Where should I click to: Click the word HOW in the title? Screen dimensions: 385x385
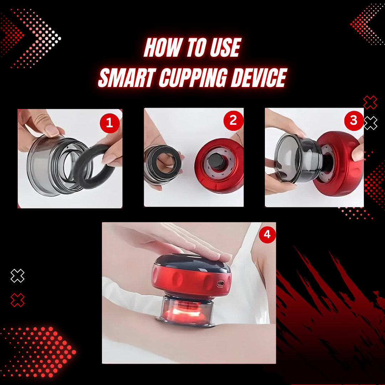162,47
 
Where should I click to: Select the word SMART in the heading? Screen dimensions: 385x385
127,78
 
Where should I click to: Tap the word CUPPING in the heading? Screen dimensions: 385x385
194,78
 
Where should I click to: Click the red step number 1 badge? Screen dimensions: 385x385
110,123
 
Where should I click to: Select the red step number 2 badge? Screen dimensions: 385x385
233,120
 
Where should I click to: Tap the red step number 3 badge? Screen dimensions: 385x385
354,120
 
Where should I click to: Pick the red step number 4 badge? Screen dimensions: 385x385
267,235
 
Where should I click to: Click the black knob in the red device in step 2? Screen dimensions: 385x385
216,161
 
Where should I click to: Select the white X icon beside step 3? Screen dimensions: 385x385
370,123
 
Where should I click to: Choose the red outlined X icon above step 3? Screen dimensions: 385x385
370,102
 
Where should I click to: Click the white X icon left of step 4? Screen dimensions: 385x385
17,276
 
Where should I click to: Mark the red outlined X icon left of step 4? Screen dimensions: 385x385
17,300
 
